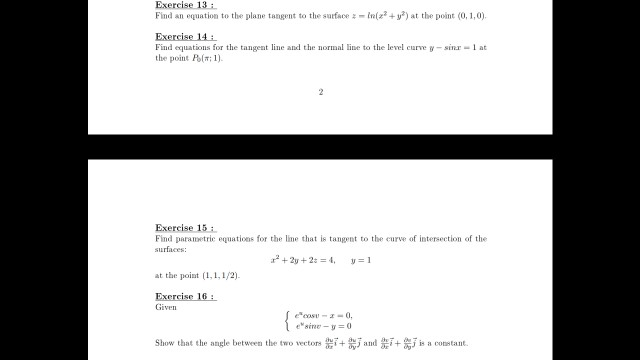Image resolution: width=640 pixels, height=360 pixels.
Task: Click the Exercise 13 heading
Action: (184, 5)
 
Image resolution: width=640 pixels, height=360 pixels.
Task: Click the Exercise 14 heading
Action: (184, 36)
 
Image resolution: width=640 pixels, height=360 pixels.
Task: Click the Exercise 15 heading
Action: (184, 227)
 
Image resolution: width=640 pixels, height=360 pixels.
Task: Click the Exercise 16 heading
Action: (184, 296)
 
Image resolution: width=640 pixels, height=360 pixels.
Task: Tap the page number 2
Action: (320, 92)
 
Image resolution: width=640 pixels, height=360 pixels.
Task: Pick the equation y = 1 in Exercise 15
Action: (361, 260)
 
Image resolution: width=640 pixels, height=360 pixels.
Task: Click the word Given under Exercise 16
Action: (166, 308)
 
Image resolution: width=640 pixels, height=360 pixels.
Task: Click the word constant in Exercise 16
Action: (449, 343)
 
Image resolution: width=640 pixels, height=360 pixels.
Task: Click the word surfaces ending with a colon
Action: (172, 249)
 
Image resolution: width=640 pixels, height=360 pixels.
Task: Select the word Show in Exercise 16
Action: (166, 343)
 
